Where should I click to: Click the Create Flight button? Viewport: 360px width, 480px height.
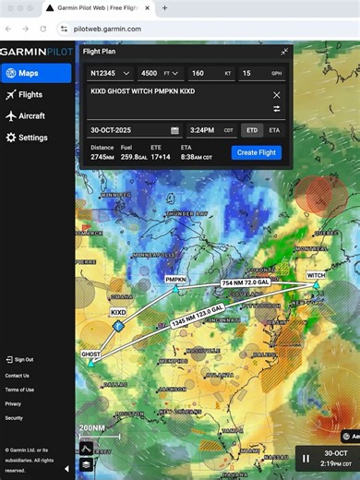click(x=257, y=152)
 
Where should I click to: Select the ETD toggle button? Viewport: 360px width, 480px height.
click(x=251, y=130)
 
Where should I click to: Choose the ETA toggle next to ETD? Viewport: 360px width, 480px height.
click(x=274, y=130)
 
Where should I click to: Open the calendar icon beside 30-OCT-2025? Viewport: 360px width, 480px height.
click(x=175, y=130)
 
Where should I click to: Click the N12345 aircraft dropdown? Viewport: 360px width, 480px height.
click(x=110, y=73)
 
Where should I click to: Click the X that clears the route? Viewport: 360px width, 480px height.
click(x=276, y=95)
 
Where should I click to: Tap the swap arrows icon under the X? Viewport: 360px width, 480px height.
click(x=276, y=109)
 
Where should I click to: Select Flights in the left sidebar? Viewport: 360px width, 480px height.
click(x=30, y=94)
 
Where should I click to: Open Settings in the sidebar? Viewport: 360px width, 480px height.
click(x=33, y=138)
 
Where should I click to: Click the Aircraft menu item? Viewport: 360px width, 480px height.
click(x=32, y=116)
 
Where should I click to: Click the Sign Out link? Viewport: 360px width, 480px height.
click(x=24, y=359)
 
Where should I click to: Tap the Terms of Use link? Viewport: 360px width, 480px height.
click(x=19, y=390)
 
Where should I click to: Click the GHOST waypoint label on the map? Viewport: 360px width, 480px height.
click(x=90, y=354)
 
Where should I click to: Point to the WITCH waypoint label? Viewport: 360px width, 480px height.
click(x=316, y=275)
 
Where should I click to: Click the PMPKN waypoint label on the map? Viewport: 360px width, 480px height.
click(x=175, y=279)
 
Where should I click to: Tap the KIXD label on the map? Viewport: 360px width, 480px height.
click(x=118, y=313)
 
